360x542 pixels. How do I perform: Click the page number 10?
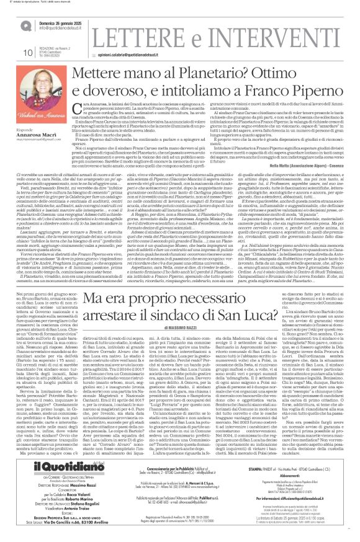11,52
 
